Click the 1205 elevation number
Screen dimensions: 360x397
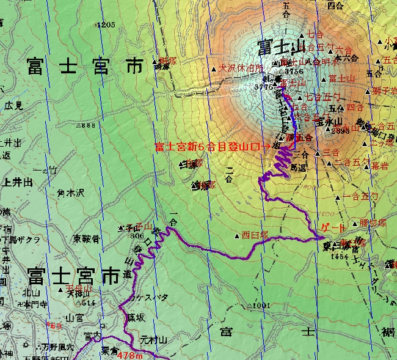click(x=106, y=25)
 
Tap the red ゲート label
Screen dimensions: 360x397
click(x=332, y=227)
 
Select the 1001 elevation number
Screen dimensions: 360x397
click(x=260, y=305)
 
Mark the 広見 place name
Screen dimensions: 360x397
click(x=13, y=105)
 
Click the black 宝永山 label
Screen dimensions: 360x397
click(x=332, y=121)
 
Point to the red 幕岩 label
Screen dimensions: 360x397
click(x=379, y=165)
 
